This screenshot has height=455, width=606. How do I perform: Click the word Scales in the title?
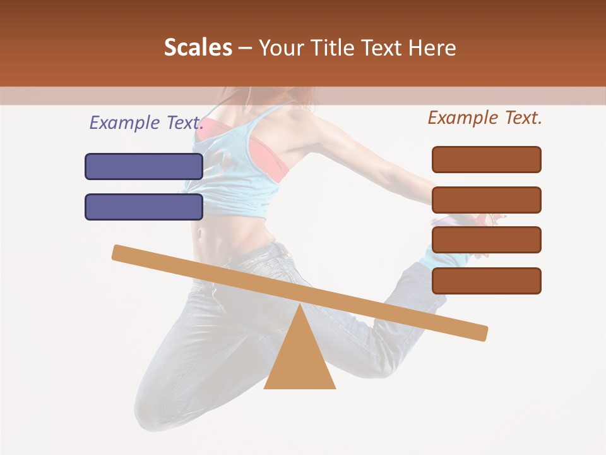click(198, 48)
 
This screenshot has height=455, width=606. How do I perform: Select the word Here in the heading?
click(434, 48)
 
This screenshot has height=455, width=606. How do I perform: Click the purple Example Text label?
click(146, 123)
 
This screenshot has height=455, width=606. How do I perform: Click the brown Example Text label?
click(485, 118)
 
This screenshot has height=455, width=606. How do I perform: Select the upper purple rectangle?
click(144, 166)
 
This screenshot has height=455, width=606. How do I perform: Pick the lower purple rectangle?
click(144, 207)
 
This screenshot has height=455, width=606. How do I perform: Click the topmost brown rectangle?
click(487, 159)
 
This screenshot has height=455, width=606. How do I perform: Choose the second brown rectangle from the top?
click(487, 200)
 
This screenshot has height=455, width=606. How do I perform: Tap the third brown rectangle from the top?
click(487, 240)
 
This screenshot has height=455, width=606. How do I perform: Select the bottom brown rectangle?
click(487, 281)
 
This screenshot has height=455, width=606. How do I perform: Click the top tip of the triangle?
click(300, 306)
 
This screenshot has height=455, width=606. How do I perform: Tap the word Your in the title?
click(282, 48)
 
